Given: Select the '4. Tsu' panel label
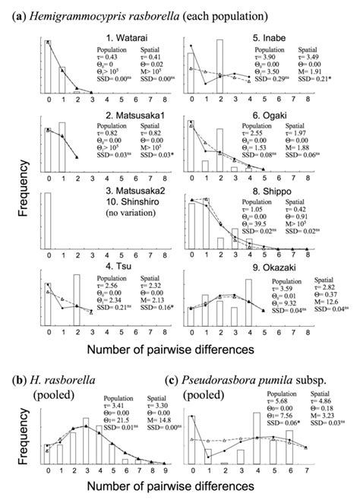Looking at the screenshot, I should [112, 255].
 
